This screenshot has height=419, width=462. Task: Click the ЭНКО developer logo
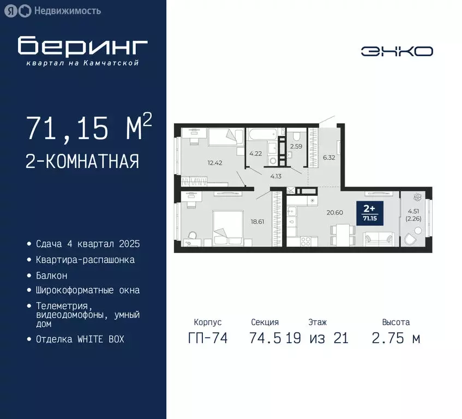point(397,51)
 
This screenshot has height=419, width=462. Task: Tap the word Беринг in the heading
point(82,47)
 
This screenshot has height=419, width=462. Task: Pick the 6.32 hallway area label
point(329,158)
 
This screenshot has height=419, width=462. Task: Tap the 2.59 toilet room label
point(296,146)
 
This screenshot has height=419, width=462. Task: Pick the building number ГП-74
point(207,338)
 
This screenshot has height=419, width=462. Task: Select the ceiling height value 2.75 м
point(395,338)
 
